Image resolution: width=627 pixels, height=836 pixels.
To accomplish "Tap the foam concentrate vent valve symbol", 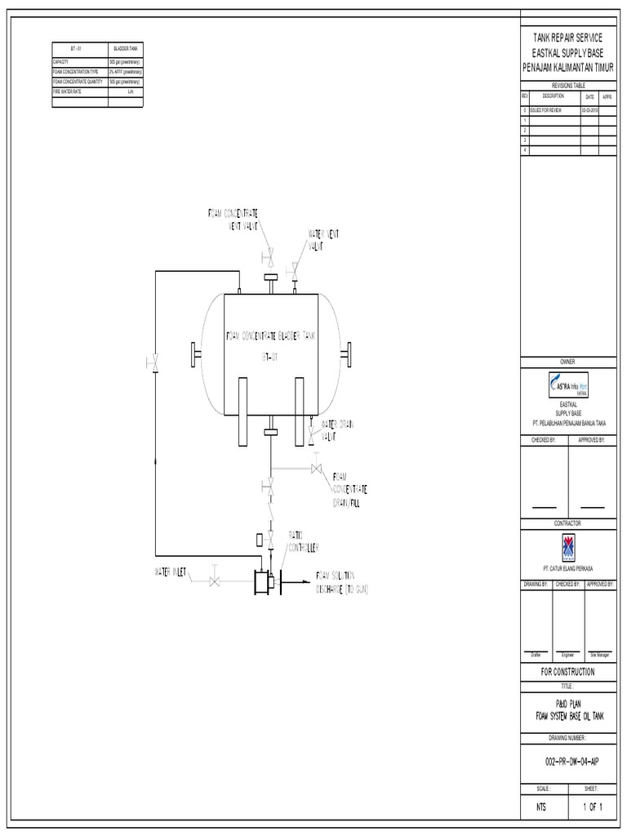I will click(x=268, y=259).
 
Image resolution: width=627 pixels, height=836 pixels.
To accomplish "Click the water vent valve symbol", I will click(x=294, y=267).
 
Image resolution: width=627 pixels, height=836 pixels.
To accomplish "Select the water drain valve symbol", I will click(x=311, y=435).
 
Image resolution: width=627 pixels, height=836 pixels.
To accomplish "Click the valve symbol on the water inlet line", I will click(x=214, y=581).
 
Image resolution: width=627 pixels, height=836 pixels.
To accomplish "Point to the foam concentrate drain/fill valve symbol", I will click(x=316, y=469).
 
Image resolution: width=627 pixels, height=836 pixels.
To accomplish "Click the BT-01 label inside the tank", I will click(x=270, y=357).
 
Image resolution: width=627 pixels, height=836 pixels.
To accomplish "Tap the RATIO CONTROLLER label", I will click(x=301, y=540).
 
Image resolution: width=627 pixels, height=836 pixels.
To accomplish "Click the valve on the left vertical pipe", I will click(x=154, y=362).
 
